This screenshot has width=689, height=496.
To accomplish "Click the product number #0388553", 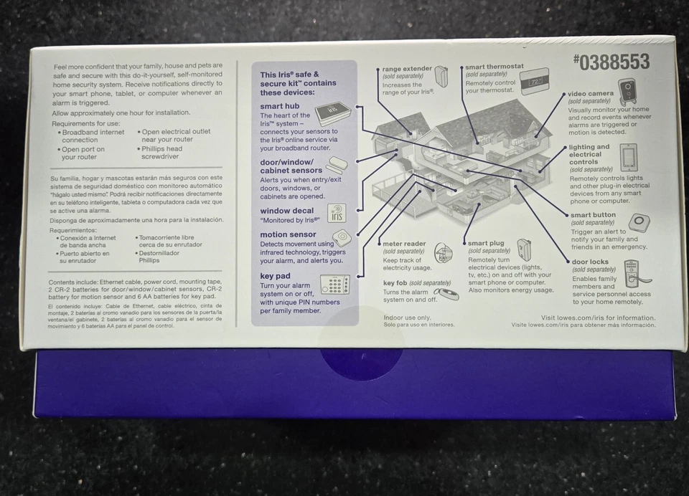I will (611, 62).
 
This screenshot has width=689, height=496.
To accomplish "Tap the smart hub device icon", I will (332, 113).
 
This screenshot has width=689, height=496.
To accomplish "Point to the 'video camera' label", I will (591, 93).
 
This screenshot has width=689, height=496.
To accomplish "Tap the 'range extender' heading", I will (407, 69).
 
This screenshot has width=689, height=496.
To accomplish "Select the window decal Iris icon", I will (337, 213).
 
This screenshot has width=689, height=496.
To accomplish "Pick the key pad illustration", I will (334, 284).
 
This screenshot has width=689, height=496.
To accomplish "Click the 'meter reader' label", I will (404, 244).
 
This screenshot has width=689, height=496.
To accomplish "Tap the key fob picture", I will (446, 293).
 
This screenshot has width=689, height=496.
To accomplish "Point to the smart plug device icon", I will (525, 249).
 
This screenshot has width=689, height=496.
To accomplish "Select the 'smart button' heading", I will (593, 215).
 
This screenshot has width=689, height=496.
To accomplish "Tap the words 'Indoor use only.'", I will (407, 317).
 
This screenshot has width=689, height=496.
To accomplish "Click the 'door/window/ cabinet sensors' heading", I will (291, 166).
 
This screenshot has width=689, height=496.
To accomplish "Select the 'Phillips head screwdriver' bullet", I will (165, 153).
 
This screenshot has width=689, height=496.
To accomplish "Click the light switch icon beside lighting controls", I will (629, 157).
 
